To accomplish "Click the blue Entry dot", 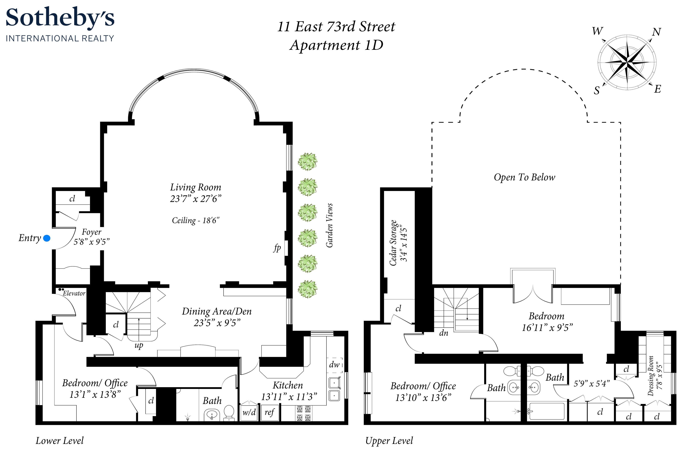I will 47,238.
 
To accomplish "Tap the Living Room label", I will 195,187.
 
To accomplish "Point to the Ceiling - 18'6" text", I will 195,220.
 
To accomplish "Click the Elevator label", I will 74,293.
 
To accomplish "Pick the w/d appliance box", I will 249,412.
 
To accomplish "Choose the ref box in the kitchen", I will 269,412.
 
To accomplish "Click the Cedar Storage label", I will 393,243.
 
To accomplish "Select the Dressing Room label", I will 651,376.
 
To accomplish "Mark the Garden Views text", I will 330,225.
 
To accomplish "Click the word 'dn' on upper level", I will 443,333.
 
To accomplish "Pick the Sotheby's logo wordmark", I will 60,18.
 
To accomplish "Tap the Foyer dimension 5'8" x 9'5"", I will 91,242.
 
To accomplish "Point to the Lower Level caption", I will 60,441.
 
